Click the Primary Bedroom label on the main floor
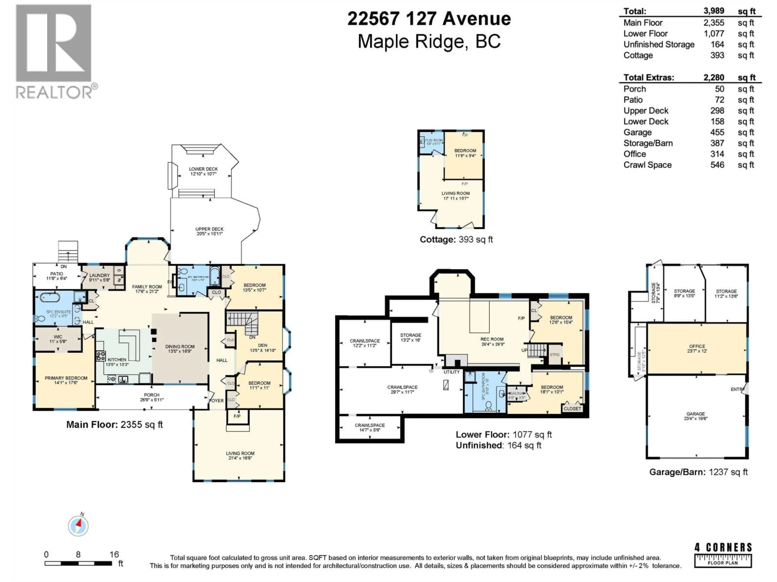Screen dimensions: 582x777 pyautogui.click(x=66, y=378)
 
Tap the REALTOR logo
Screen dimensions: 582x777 pyautogui.click(x=54, y=51)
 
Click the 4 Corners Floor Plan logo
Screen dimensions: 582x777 pyautogui.click(x=723, y=555)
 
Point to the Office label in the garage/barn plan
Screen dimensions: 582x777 pyautogui.click(x=697, y=346)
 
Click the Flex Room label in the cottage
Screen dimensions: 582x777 pyautogui.click(x=434, y=140)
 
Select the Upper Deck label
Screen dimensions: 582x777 pyautogui.click(x=209, y=229)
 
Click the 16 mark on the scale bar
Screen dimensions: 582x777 pyautogui.click(x=114, y=554)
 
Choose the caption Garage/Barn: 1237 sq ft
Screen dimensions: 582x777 pyautogui.click(x=698, y=472)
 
